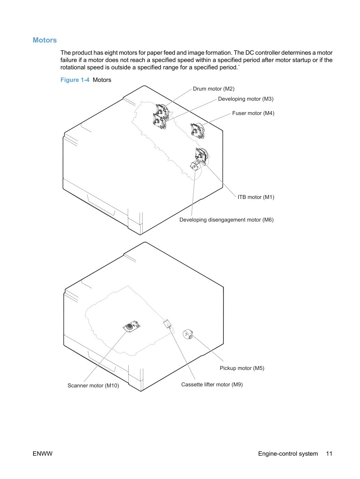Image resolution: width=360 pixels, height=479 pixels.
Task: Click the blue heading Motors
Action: pos(45,40)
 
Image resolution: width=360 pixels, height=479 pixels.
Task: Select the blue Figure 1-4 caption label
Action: pos(75,80)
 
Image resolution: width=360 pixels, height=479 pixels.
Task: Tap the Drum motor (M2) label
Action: pos(214,89)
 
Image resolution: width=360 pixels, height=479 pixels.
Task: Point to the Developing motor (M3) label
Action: pos(246,99)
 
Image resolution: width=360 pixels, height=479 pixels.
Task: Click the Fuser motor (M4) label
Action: pos(253,113)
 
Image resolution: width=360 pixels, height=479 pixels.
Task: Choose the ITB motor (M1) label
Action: pos(256,197)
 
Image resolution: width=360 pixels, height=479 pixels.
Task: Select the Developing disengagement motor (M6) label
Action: pos(227,220)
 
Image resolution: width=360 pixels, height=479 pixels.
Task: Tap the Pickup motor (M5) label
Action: pos(242,368)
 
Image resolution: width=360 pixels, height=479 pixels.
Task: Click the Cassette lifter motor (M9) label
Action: pos(212,385)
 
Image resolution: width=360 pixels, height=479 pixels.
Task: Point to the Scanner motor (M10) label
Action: pos(93,386)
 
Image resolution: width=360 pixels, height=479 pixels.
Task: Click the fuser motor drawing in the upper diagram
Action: pos(198,131)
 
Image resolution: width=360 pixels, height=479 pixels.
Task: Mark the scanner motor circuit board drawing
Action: pos(131,326)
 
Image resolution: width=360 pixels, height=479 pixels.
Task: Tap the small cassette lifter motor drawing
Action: pos(168,324)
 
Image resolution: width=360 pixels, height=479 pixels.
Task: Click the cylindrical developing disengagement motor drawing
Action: pos(195,166)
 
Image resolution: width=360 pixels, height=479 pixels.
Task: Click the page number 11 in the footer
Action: pos(329,454)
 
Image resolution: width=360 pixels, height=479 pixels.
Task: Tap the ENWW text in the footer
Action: pos(43,454)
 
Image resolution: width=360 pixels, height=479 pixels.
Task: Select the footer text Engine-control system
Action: pos(288,454)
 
